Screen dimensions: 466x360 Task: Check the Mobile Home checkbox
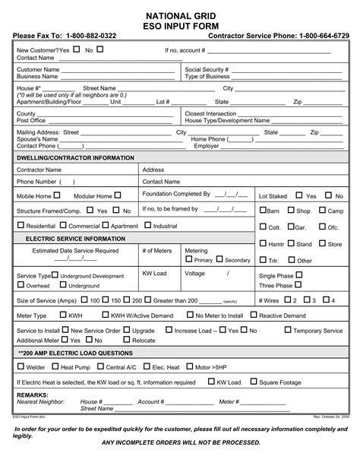55,195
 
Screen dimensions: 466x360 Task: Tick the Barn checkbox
264,211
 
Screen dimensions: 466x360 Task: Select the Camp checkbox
321,211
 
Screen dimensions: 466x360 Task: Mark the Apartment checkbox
105,226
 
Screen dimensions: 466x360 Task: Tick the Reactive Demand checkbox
254,315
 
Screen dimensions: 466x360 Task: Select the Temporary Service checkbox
308,330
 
